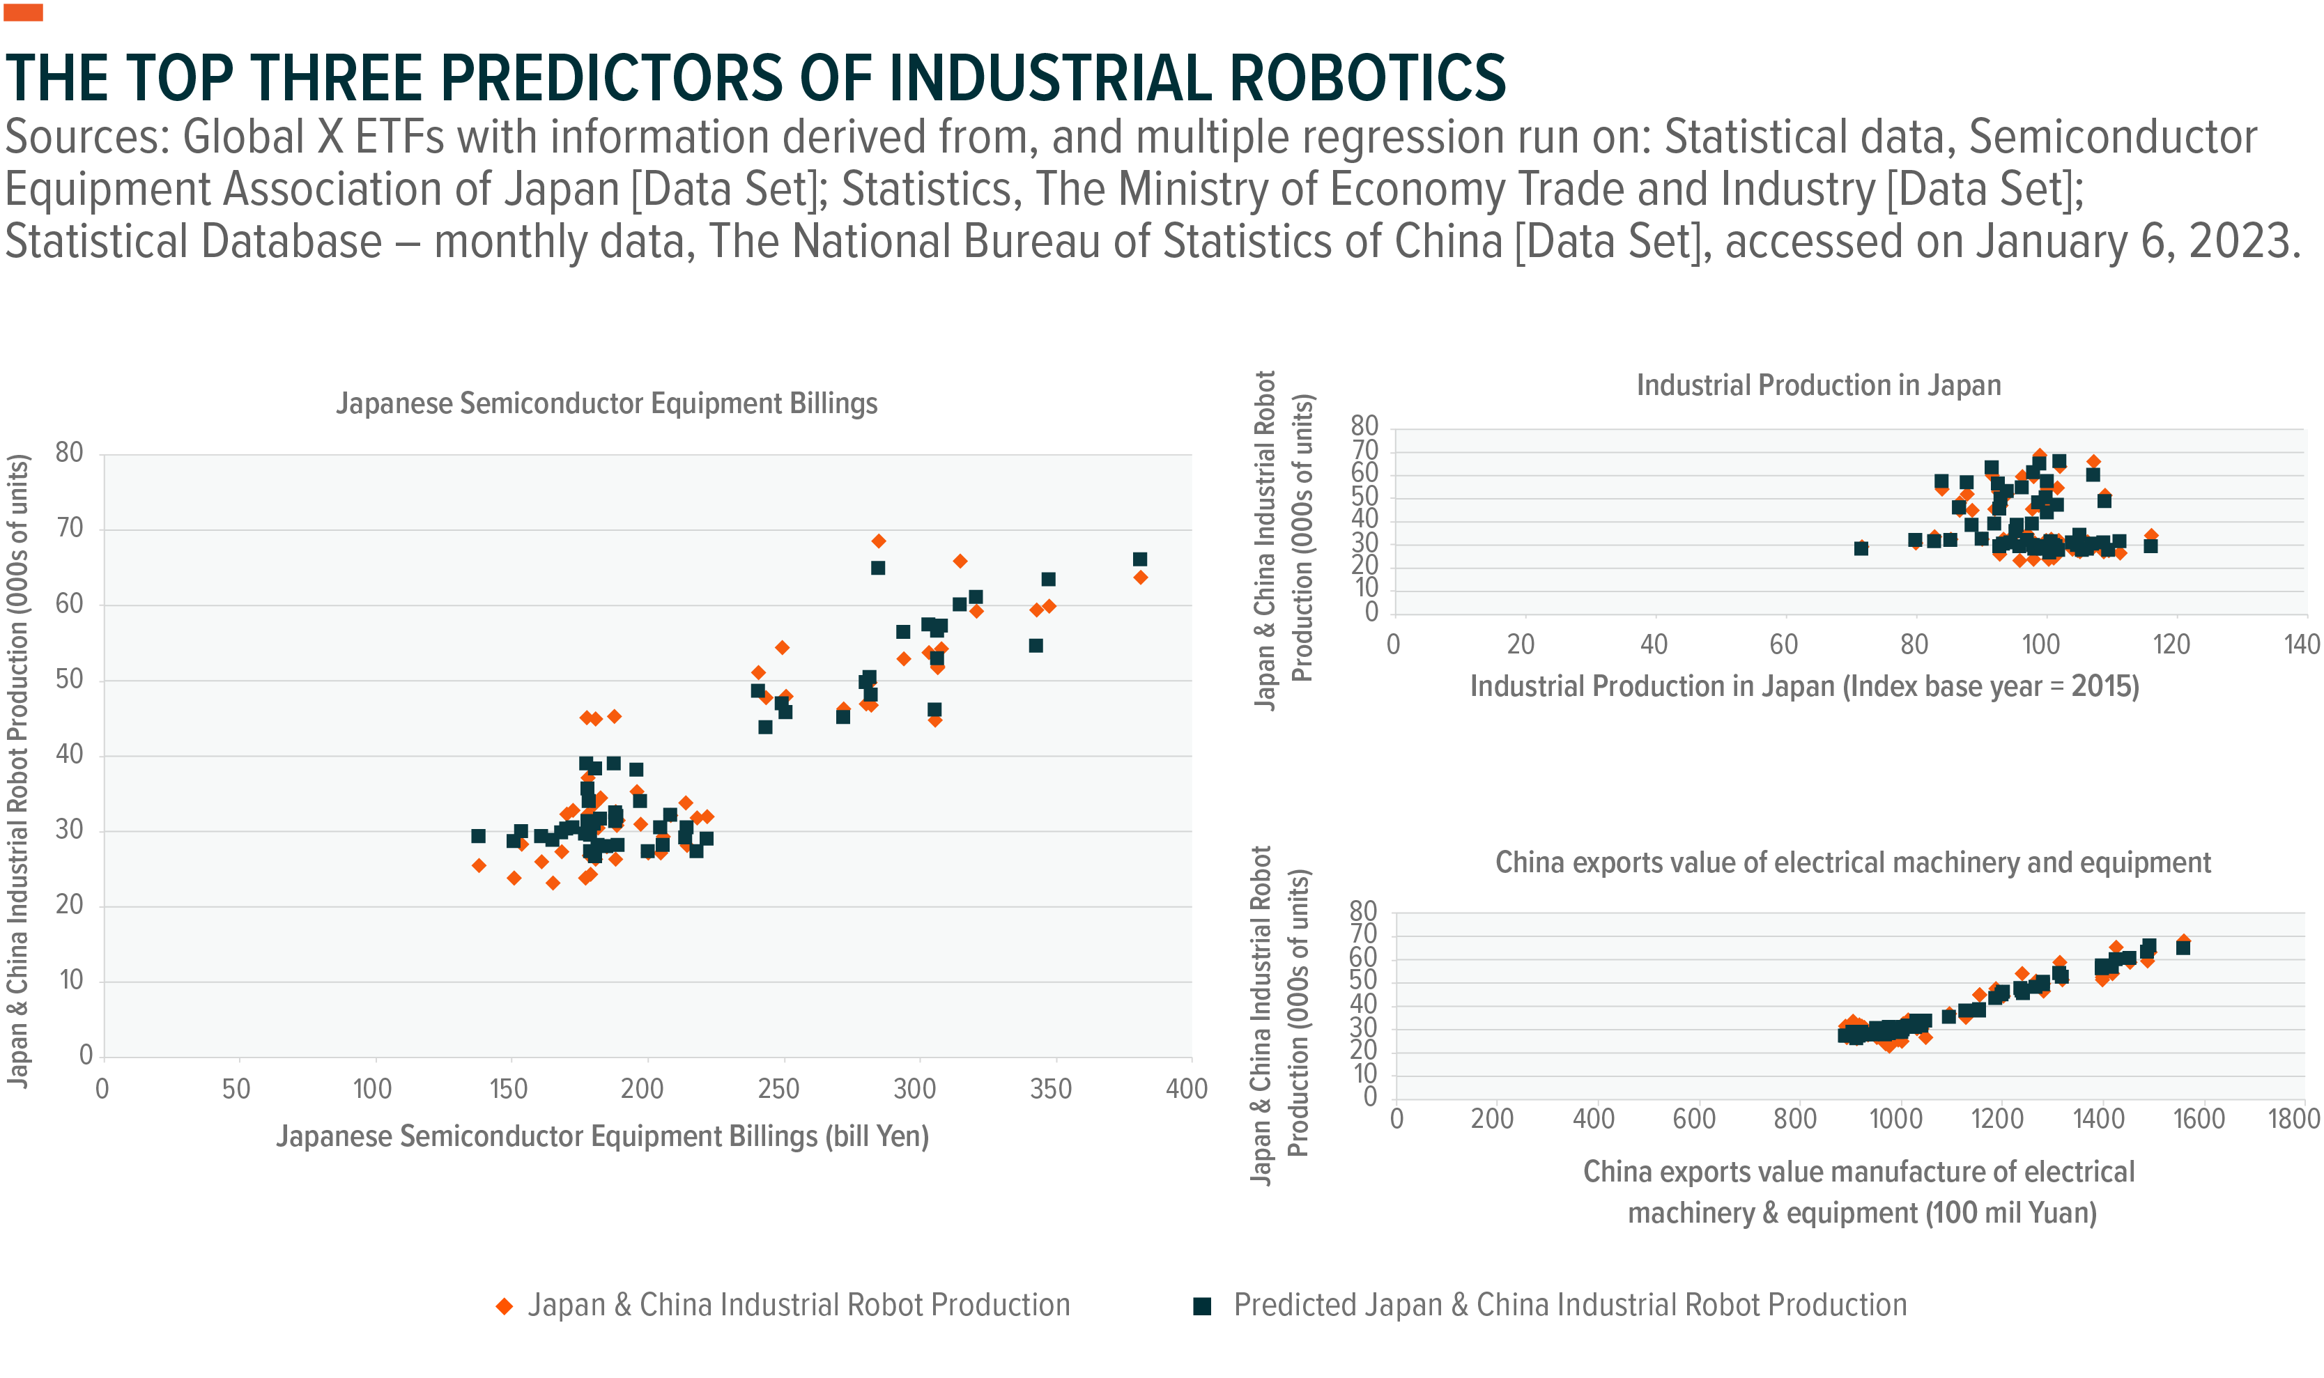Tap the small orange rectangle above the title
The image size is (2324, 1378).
pos(23,12)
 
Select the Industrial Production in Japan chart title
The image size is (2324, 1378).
pos(1818,385)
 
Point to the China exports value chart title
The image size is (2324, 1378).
pos(1852,862)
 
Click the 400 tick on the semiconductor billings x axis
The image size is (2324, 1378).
pos(1186,1089)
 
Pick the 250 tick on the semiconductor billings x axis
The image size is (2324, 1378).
pos(778,1089)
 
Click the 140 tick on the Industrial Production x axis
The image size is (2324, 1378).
pos(2301,644)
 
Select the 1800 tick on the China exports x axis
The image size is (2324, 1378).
pos(2293,1119)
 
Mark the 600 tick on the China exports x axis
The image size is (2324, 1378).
pos(1693,1119)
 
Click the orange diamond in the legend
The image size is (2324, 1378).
pos(505,1306)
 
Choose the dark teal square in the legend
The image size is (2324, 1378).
pos(1202,1306)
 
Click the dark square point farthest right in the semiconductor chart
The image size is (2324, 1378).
pos(1140,559)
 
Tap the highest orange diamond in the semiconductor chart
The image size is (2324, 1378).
pos(878,541)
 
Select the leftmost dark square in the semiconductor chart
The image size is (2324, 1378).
pos(478,836)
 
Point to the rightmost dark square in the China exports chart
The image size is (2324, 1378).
pos(2183,948)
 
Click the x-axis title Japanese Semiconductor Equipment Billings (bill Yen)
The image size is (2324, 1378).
pos(602,1136)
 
